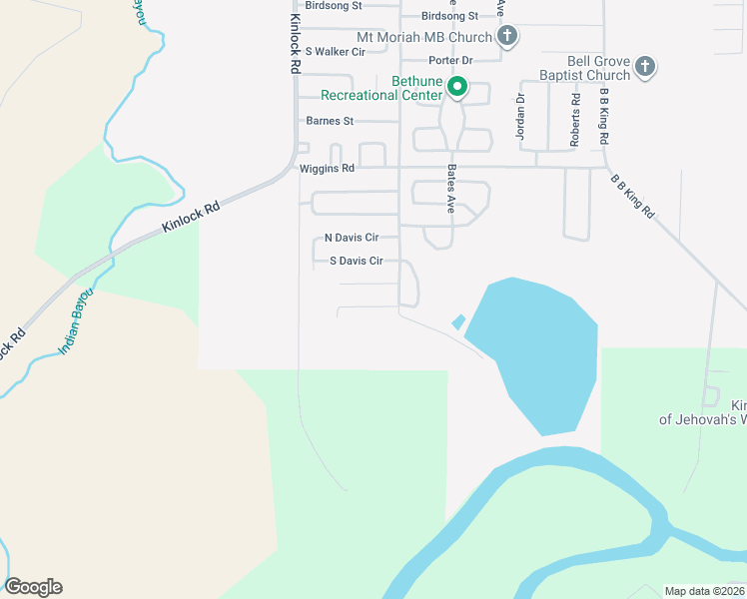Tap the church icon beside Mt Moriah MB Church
pyautogui.click(x=507, y=38)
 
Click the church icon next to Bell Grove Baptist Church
pyautogui.click(x=645, y=67)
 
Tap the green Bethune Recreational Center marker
pyautogui.click(x=457, y=88)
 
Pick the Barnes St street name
pyautogui.click(x=330, y=122)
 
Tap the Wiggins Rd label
pyautogui.click(x=327, y=169)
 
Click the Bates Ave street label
pyautogui.click(x=451, y=190)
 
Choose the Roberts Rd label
pyautogui.click(x=575, y=121)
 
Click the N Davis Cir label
pyautogui.click(x=352, y=239)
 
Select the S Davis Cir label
pyautogui.click(x=357, y=262)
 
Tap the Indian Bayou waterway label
pyautogui.click(x=76, y=322)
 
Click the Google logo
pyautogui.click(x=33, y=587)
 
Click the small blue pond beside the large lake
pyautogui.click(x=458, y=321)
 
